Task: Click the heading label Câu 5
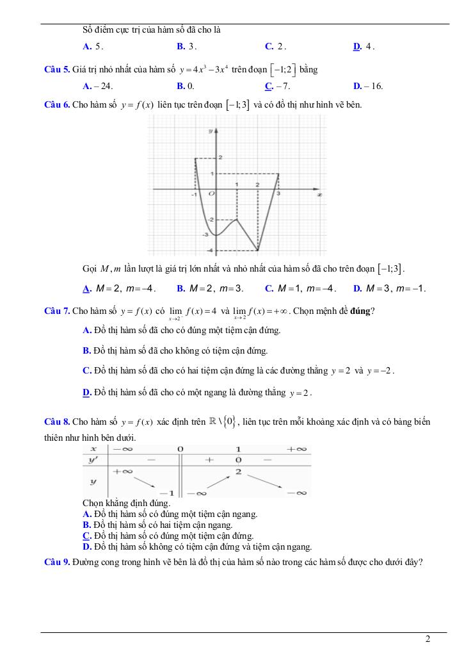[57, 70]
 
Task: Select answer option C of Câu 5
[268, 86]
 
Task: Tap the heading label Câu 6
[57, 104]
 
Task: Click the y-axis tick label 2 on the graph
[220, 157]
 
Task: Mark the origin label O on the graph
[210, 193]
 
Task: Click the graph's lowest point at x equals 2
[258, 250]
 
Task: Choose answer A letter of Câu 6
[86, 289]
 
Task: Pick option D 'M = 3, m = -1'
[389, 289]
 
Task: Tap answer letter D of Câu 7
[86, 392]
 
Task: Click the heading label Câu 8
[57, 422]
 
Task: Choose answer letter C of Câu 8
[86, 536]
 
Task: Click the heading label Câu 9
[57, 562]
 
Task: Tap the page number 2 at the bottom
[428, 639]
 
